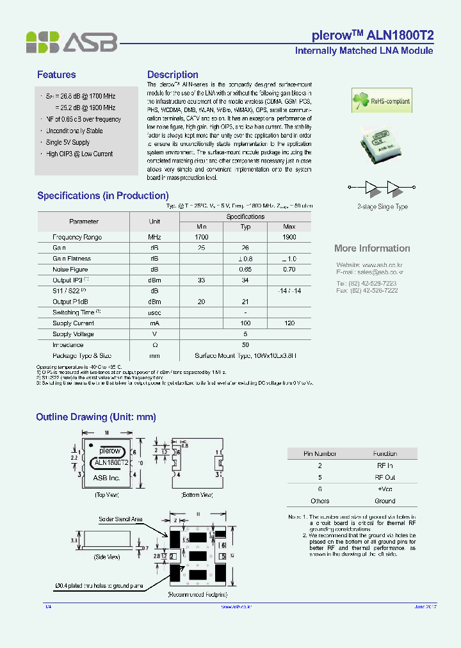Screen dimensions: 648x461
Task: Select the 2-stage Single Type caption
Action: [x=382, y=207]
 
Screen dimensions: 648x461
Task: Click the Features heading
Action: [x=56, y=75]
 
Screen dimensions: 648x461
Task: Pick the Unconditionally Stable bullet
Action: [x=74, y=131]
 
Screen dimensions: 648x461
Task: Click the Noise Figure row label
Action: [x=70, y=270]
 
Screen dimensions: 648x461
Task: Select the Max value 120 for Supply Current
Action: [x=289, y=323]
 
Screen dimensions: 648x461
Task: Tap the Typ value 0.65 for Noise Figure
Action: [x=245, y=270]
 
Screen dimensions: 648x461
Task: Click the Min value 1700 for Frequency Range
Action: [x=201, y=237]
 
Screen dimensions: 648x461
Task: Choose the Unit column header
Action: [x=154, y=221]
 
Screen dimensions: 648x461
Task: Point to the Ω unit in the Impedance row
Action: [x=154, y=345]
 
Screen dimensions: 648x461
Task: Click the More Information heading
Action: [x=372, y=248]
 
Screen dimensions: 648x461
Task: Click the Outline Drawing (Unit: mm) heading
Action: [x=96, y=417]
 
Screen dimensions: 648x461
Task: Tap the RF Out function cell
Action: [x=385, y=478]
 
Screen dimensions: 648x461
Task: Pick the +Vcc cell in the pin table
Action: [x=385, y=489]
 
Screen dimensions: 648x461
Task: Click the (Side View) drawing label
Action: [x=107, y=557]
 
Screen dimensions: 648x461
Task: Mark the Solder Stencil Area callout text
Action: [x=120, y=519]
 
